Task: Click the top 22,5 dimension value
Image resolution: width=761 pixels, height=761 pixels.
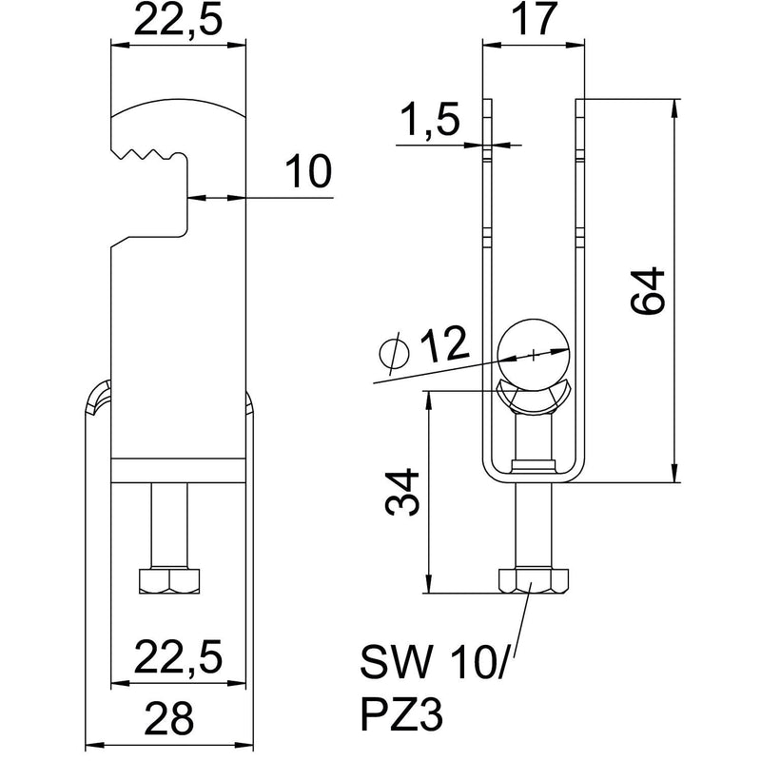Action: pyautogui.click(x=178, y=21)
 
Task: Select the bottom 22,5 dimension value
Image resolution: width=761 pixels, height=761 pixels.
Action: pyautogui.click(x=178, y=657)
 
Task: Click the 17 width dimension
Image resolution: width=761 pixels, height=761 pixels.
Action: pyautogui.click(x=532, y=21)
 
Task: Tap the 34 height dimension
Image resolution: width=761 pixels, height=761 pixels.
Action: pyautogui.click(x=404, y=492)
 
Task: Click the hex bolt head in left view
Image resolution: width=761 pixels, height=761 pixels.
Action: pyautogui.click(x=168, y=581)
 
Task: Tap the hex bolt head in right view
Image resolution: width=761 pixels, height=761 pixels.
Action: pyautogui.click(x=532, y=580)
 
